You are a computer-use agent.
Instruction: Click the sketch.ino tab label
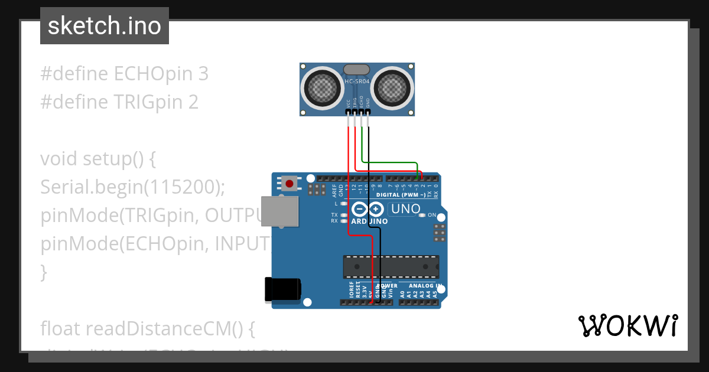(104, 26)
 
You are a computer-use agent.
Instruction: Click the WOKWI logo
(627, 325)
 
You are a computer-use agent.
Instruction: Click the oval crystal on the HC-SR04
(357, 70)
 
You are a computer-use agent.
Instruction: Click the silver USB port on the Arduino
(280, 211)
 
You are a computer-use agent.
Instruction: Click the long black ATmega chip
(391, 266)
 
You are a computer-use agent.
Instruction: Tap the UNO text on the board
(406, 208)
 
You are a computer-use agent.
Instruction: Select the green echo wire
(390, 162)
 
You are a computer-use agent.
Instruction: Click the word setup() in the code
(118, 159)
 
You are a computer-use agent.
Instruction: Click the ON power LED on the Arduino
(422, 215)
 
